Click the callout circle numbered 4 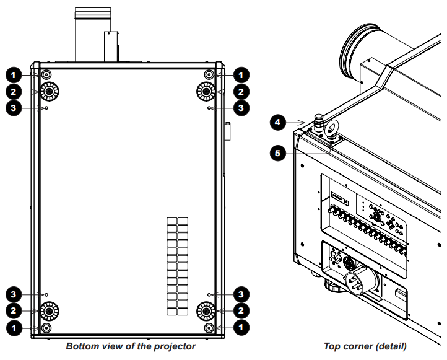(x=277, y=123)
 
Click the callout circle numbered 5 (x=277, y=153)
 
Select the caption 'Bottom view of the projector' (x=131, y=346)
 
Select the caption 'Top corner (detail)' (x=365, y=346)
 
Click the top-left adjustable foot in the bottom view (x=50, y=91)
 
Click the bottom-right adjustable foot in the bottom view (x=206, y=310)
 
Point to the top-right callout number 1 (x=241, y=75)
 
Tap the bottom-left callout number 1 (x=14, y=328)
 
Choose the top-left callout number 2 (x=14, y=92)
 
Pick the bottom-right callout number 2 (x=241, y=310)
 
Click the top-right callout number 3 (x=241, y=108)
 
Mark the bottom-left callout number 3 (x=14, y=294)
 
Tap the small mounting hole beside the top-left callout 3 (x=47, y=108)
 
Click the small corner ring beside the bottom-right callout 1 (x=209, y=328)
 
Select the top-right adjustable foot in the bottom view (x=206, y=91)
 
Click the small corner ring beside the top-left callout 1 (x=46, y=75)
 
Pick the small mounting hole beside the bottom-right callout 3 (x=209, y=294)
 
